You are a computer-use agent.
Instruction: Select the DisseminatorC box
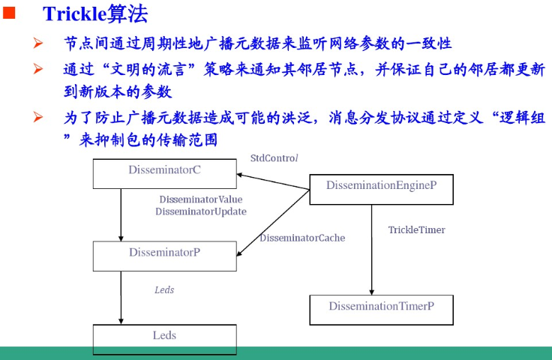click(x=164, y=173)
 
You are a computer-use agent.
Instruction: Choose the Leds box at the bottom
click(x=164, y=337)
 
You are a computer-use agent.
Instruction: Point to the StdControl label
click(x=274, y=158)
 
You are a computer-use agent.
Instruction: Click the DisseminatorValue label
click(x=201, y=200)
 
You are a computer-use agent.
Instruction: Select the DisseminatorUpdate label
click(x=201, y=211)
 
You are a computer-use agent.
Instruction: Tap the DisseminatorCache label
click(x=302, y=238)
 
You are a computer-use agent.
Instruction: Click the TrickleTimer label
click(x=416, y=229)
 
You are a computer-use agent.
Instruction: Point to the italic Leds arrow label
click(x=164, y=289)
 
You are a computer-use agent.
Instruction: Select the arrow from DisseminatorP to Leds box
click(x=121, y=297)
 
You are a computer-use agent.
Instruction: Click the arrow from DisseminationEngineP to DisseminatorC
click(x=274, y=182)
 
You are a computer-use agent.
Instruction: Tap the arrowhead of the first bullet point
click(x=37, y=44)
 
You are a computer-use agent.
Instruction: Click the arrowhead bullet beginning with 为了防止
click(x=37, y=117)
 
